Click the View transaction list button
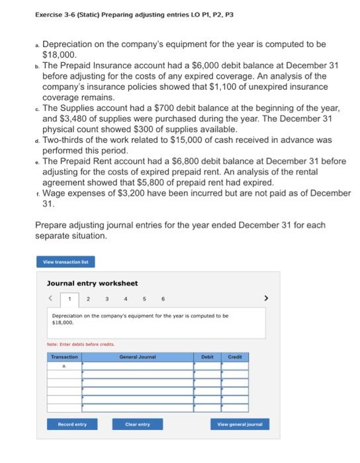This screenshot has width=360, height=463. click(x=66, y=262)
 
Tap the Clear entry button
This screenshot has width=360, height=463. click(x=138, y=424)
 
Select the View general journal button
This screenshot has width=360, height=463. click(x=240, y=424)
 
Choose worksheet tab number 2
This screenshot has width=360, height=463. click(x=89, y=298)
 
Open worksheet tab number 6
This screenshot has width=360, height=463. click(x=163, y=298)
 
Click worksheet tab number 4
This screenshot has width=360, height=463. click(x=126, y=298)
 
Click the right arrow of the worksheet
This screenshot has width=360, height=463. click(x=266, y=298)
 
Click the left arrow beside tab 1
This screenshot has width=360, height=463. click(x=50, y=298)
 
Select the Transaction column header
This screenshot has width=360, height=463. click(x=64, y=357)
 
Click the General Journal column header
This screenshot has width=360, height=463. click(x=138, y=357)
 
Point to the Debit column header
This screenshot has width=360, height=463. click(x=207, y=357)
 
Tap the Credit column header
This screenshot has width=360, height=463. click(x=235, y=357)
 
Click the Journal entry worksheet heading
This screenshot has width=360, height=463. click(x=92, y=283)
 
